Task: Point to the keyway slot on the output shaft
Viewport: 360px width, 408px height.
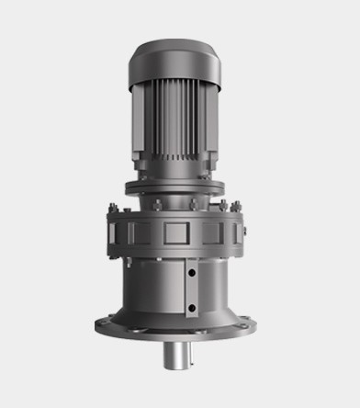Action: click(181, 359)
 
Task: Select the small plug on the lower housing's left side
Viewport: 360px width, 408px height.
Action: click(129, 264)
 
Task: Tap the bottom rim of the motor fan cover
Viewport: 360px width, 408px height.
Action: click(180, 81)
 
